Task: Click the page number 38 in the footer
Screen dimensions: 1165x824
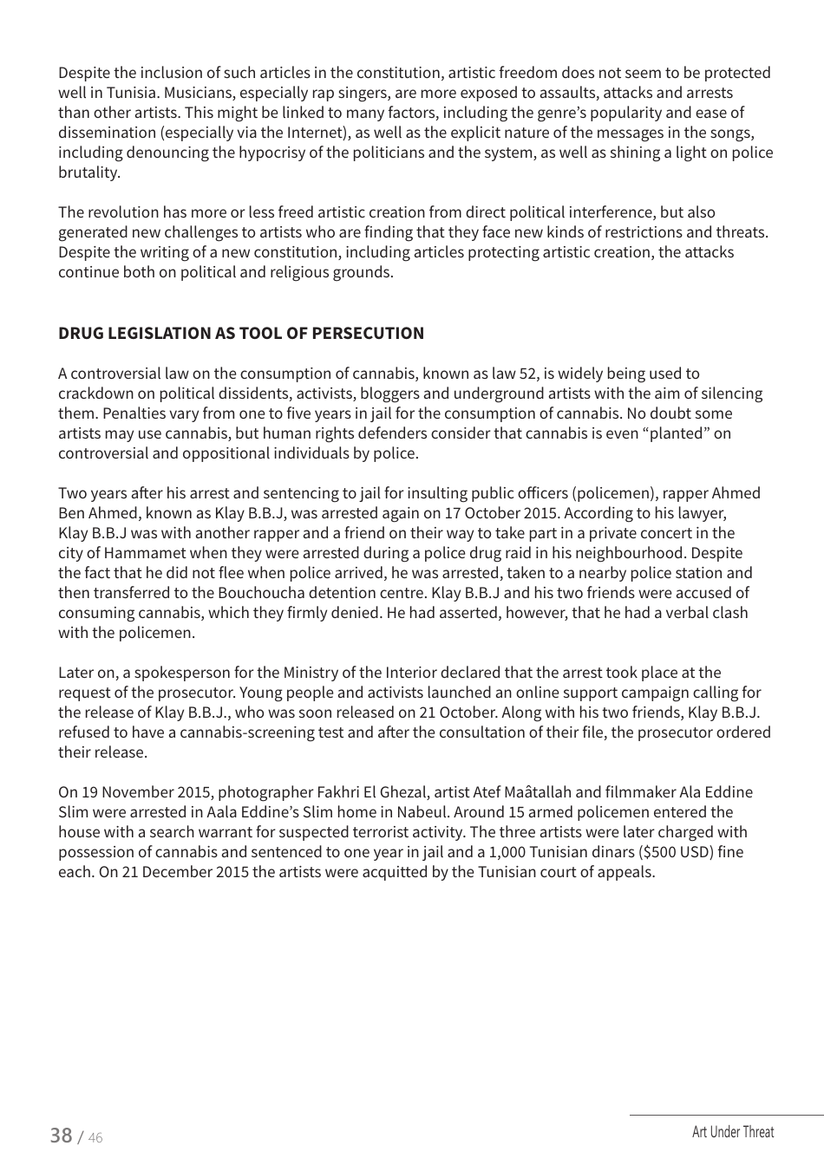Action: click(x=61, y=1135)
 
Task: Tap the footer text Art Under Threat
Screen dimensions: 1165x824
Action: click(x=733, y=1132)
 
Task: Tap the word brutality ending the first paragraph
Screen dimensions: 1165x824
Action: click(x=88, y=172)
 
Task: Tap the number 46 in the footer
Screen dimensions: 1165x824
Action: click(x=95, y=1138)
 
